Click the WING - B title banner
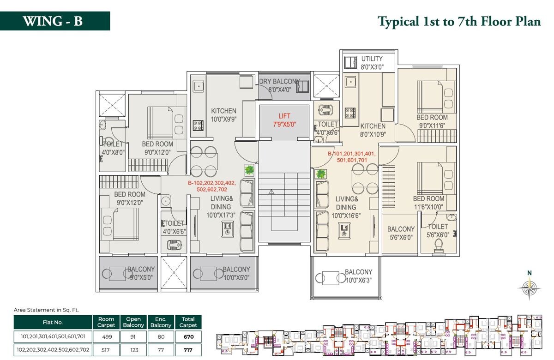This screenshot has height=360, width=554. coord(55,21)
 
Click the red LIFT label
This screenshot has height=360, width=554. coord(284,116)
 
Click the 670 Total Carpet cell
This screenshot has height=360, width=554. coord(188,336)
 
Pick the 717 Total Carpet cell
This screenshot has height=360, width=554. coord(188,350)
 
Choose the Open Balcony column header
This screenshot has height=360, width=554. coord(133,322)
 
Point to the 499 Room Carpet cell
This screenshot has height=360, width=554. coord(106,336)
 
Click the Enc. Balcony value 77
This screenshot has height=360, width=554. coord(161,350)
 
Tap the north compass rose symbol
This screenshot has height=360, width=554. coord(529,288)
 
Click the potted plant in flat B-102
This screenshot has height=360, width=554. coord(249,170)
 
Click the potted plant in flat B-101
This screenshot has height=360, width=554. coord(320,174)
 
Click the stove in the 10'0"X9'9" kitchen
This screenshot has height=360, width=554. coord(198,126)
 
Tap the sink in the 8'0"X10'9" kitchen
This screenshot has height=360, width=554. coord(350,82)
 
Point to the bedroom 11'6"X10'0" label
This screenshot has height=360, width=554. coord(428,203)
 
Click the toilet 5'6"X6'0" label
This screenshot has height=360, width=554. coord(438,231)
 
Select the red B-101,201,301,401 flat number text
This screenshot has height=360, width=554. coord(352,157)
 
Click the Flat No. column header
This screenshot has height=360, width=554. coord(53,322)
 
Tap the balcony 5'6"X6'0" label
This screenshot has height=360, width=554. coord(401,233)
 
